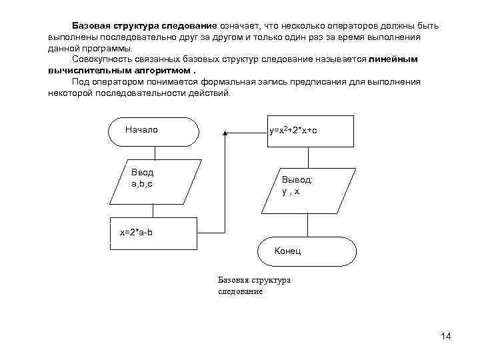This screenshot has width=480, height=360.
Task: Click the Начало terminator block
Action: (x=153, y=131)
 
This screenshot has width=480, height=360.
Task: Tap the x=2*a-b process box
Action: (x=154, y=233)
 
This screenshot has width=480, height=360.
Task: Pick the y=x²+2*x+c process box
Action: (x=310, y=131)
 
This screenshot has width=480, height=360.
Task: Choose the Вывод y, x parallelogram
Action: (x=309, y=185)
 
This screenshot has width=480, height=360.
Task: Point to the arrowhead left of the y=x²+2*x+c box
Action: (x=225, y=133)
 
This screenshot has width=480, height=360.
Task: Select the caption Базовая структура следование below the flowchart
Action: (x=254, y=285)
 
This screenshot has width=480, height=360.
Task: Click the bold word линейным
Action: (x=394, y=59)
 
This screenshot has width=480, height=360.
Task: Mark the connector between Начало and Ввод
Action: (x=153, y=151)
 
